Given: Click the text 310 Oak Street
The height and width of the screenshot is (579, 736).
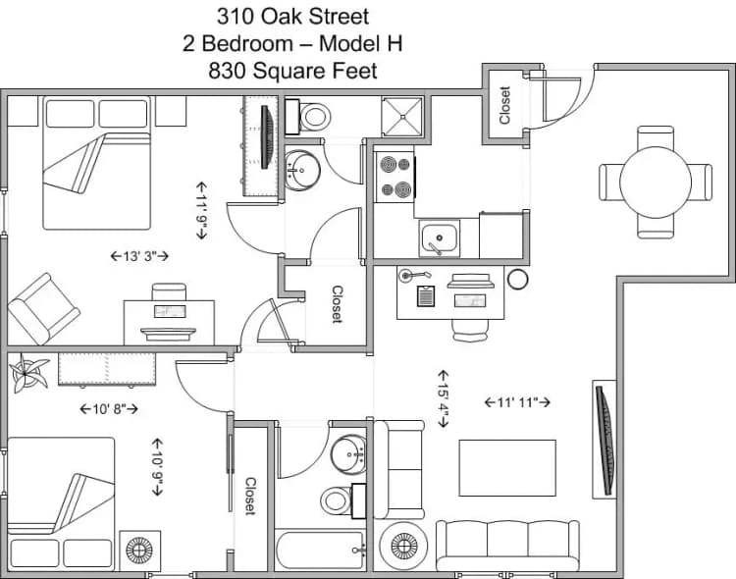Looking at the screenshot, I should [x=292, y=16].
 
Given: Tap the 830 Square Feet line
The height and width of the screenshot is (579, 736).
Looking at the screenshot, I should [x=292, y=71].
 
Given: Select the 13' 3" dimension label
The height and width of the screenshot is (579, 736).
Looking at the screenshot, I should [x=140, y=256].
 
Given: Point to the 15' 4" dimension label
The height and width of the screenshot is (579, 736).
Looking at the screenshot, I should [x=443, y=397].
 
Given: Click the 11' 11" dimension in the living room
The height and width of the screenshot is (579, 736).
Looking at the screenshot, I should [x=517, y=401].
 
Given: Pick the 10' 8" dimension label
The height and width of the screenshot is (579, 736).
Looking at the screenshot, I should [x=108, y=408].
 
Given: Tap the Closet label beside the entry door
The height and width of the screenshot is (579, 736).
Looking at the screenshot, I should [x=505, y=105].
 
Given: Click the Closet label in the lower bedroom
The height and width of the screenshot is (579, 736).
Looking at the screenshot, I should [x=250, y=497].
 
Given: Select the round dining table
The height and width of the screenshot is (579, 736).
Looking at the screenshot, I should [x=656, y=182].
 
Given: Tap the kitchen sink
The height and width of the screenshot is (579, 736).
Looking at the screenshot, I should [x=439, y=237].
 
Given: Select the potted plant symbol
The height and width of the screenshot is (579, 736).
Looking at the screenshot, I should [x=29, y=374].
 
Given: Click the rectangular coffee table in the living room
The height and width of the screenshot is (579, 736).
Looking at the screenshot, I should [x=507, y=467].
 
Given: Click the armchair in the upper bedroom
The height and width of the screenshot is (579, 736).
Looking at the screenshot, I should [x=43, y=308].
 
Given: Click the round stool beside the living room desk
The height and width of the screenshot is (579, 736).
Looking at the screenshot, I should [x=517, y=280].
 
